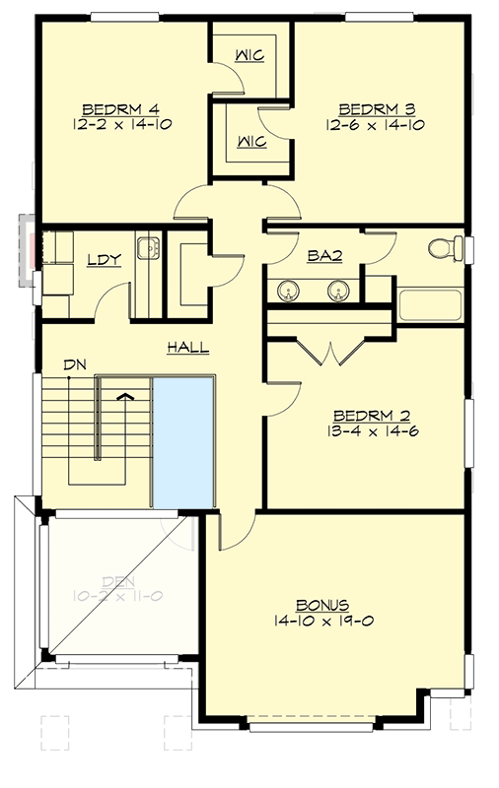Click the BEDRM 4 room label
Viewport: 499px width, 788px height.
click(121, 107)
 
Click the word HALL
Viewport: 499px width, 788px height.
click(186, 348)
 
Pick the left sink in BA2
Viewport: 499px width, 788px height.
click(289, 290)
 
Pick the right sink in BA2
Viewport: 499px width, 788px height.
click(337, 290)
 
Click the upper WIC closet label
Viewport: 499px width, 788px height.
click(249, 55)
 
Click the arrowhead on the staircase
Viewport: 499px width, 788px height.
click(125, 396)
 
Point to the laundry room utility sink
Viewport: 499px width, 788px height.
click(147, 246)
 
